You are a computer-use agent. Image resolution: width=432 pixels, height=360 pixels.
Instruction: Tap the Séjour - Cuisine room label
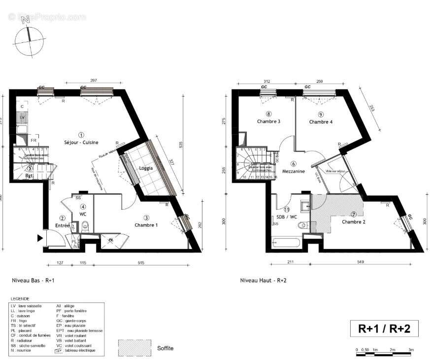[81, 142]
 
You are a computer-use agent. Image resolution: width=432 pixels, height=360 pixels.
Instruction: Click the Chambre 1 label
[146, 225]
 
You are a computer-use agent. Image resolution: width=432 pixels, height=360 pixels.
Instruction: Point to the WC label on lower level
[83, 215]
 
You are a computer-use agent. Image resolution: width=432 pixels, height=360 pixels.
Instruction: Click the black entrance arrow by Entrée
[40, 239]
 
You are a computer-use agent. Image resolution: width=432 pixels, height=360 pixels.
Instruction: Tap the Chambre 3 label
[268, 121]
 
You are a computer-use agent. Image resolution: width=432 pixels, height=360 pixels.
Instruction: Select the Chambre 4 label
[321, 121]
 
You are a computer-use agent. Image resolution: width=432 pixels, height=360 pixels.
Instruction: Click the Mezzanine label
[294, 171]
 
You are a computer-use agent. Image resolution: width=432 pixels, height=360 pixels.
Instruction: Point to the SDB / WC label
[286, 216]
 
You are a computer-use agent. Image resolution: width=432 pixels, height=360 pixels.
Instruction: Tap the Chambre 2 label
[354, 221]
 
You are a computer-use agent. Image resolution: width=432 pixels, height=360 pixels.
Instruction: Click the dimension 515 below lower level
[141, 262]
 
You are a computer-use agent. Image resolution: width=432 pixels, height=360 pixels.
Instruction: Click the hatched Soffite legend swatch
[134, 348]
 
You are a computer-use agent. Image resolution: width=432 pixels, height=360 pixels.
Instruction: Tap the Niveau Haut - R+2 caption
[263, 280]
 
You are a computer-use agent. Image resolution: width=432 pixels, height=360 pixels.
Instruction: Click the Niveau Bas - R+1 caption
[33, 280]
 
